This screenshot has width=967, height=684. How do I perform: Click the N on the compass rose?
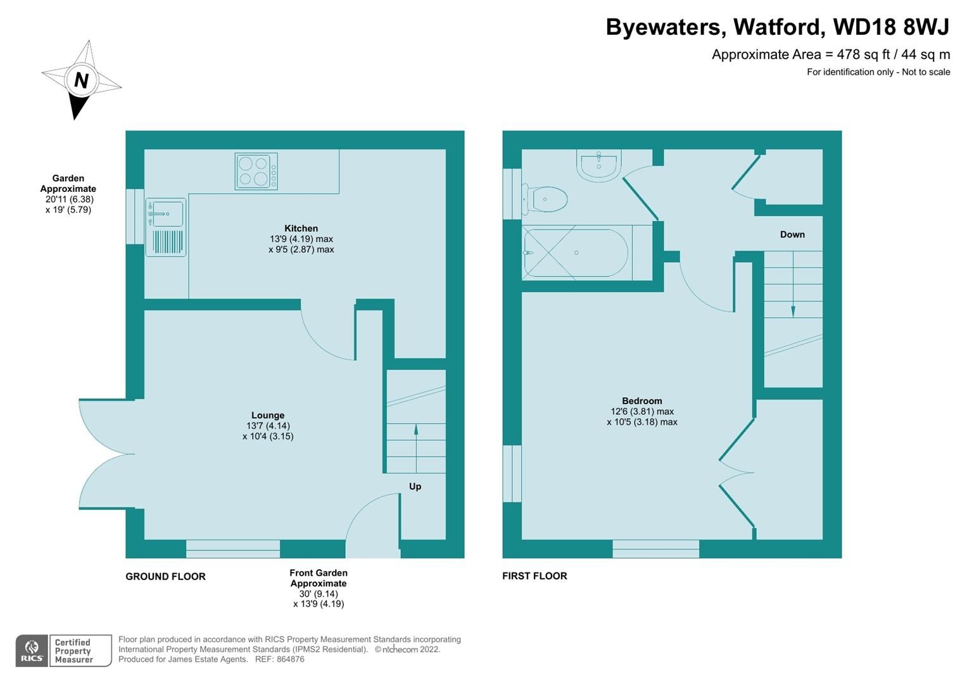(81, 80)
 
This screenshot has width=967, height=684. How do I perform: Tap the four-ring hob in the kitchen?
(256, 171)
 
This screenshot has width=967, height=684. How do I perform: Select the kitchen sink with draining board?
(166, 227)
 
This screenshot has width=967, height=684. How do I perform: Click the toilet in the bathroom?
(546, 199)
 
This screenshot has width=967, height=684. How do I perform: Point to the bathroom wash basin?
(598, 166)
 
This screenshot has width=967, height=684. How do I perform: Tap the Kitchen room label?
(301, 229)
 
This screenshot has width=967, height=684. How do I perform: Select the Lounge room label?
(267, 415)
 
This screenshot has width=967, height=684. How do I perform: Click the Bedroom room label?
(642, 401)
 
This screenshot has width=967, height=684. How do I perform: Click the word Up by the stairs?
(415, 486)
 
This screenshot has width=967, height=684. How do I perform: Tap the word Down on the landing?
(792, 234)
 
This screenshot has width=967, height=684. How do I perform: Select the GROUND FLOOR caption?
(165, 576)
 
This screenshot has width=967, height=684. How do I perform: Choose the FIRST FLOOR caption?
(534, 576)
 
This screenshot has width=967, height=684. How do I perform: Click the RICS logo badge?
(31, 650)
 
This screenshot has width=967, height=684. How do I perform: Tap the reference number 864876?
(289, 659)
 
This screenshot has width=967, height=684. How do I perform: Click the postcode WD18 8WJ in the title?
(891, 27)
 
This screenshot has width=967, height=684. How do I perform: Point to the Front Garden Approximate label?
(319, 578)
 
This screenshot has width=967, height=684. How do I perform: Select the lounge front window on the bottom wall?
(233, 548)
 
